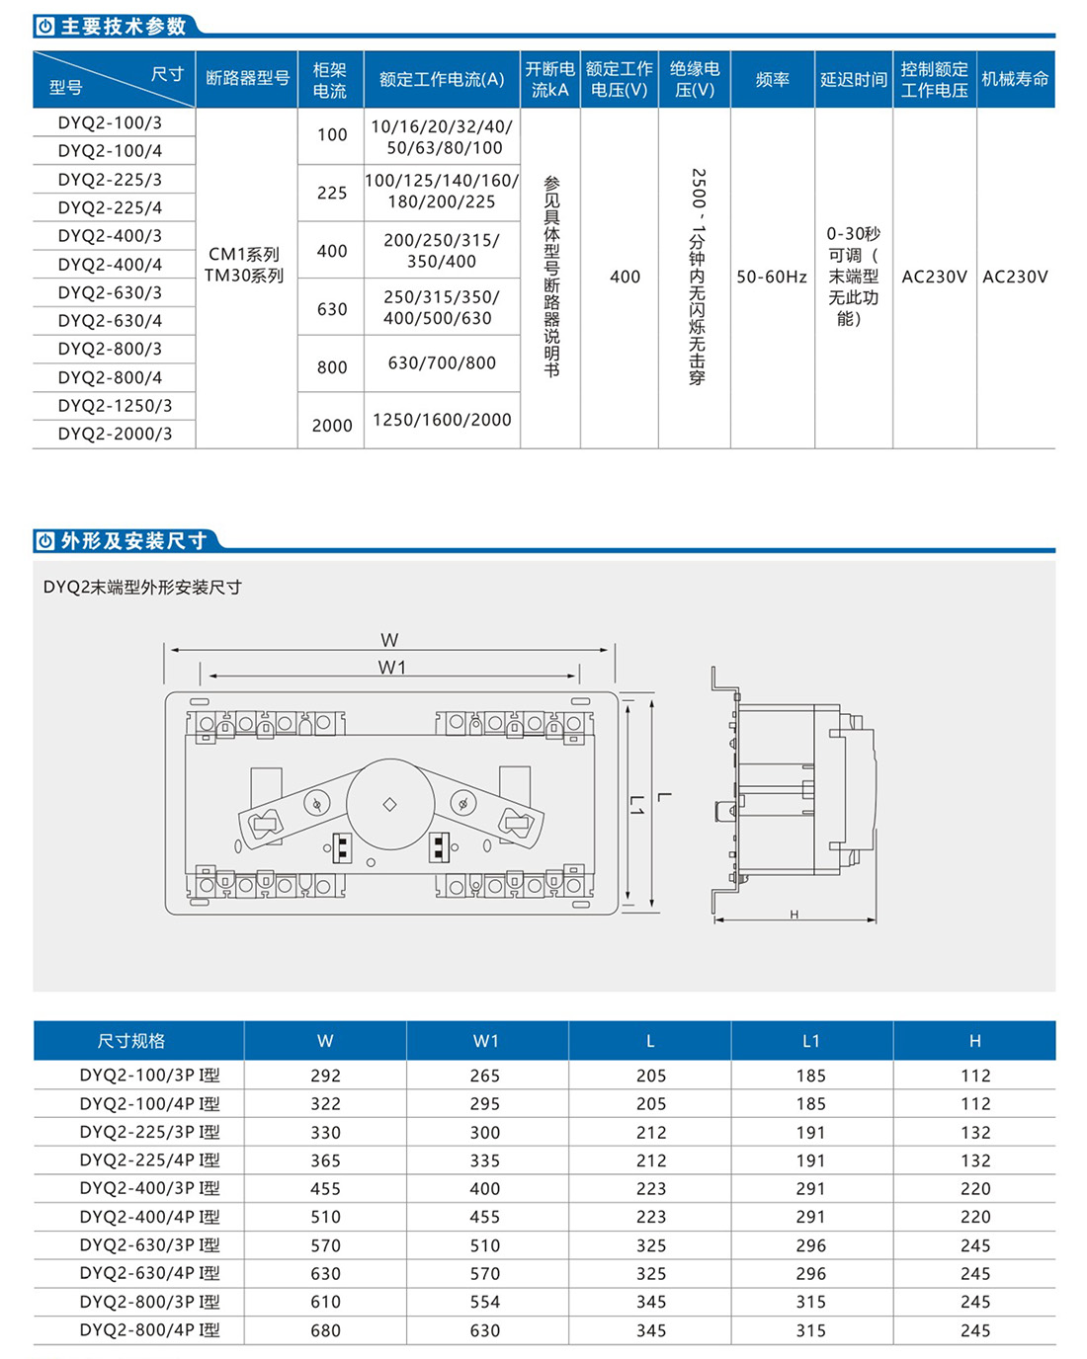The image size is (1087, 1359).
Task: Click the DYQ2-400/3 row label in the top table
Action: [110, 236]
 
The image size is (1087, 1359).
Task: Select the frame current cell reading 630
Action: [332, 309]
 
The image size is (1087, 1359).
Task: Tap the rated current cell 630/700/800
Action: [442, 363]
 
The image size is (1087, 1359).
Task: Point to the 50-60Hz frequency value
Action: [772, 277]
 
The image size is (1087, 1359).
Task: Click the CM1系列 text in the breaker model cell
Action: [244, 255]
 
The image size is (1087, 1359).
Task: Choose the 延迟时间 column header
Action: [854, 79]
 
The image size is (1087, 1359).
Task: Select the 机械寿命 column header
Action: [1015, 79]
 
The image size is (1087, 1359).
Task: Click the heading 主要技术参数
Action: [124, 27]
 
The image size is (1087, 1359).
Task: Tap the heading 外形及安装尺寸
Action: [133, 541]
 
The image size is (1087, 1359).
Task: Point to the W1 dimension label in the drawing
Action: [392, 668]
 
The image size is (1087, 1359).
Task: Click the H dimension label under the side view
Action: [794, 915]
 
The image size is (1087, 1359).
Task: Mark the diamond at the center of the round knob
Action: [390, 805]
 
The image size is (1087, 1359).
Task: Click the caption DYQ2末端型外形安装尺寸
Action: [143, 587]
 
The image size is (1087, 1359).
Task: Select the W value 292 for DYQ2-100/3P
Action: [325, 1076]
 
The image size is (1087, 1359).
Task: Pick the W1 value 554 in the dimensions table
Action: [485, 1302]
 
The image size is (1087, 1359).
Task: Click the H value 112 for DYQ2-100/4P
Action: [975, 1104]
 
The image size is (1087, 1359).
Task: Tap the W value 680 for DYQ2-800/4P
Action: [325, 1330]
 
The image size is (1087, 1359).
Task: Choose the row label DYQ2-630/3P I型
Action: [150, 1245]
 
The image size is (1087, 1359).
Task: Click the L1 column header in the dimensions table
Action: [811, 1041]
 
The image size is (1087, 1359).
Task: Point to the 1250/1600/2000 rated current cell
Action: [442, 420]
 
